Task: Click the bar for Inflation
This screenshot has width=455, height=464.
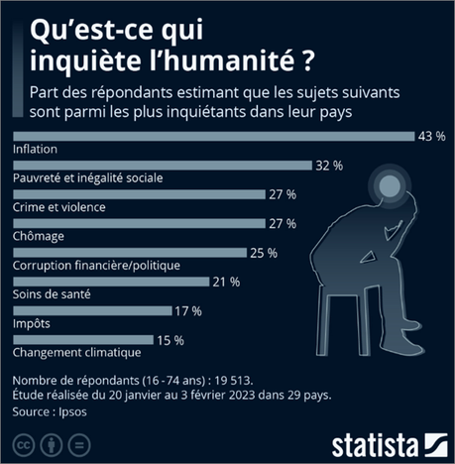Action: pyautogui.click(x=208, y=136)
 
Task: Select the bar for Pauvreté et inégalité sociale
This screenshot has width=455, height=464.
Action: pyautogui.click(x=159, y=165)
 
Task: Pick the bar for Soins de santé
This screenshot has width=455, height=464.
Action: pyautogui.click(x=109, y=282)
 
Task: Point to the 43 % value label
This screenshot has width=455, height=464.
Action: pyautogui.click(x=430, y=136)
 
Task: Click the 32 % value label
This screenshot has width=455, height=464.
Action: pyautogui.click(x=328, y=165)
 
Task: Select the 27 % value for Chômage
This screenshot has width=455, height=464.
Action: pyautogui.click(x=282, y=223)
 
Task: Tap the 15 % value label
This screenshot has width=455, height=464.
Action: pyautogui.click(x=171, y=340)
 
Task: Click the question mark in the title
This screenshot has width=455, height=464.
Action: pyautogui.click(x=310, y=61)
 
